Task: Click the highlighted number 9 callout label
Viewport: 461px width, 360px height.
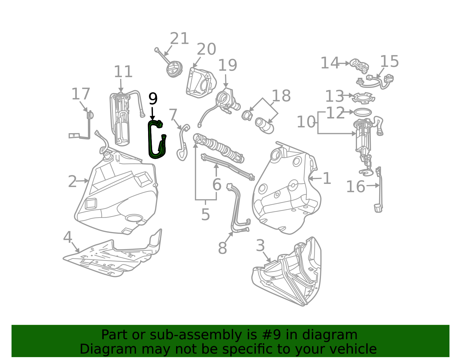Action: coord(153,99)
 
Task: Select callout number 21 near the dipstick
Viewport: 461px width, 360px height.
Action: coord(179,38)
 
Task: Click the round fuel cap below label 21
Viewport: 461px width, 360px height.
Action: coord(174,69)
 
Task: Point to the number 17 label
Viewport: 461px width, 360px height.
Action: coord(81,94)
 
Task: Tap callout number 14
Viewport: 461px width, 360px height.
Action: coord(329,63)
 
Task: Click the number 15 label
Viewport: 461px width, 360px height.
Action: coord(389,61)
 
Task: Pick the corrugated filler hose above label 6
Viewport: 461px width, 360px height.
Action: coord(218,148)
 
